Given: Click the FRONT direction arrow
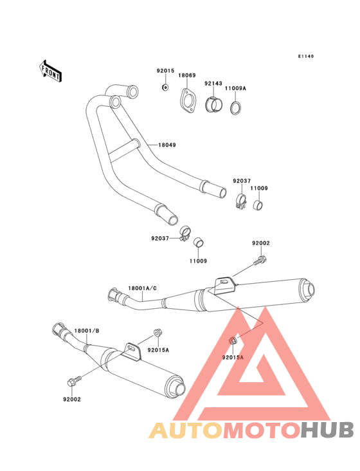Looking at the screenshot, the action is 50,71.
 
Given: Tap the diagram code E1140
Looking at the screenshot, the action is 306,56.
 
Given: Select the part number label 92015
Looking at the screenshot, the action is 165,71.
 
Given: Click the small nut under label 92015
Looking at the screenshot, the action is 165,87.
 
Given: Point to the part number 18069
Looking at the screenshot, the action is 187,75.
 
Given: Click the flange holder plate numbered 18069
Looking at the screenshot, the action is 188,101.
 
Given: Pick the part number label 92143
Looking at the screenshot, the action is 213,84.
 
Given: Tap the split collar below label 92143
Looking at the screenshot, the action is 214,104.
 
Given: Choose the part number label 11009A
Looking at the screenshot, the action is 235,88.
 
